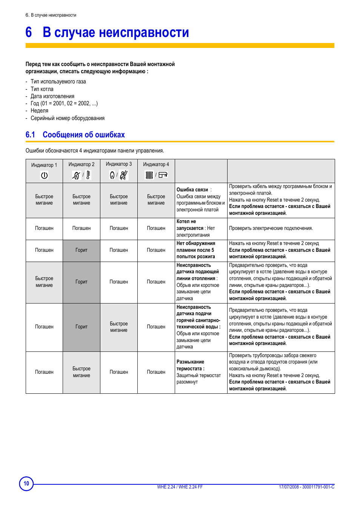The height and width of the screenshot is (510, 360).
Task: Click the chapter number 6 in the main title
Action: click(x=29, y=32)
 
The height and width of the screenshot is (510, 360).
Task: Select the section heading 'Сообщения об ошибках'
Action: click(x=83, y=135)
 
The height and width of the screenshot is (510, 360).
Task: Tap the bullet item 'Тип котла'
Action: click(x=42, y=89)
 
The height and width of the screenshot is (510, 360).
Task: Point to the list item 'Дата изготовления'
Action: click(x=52, y=96)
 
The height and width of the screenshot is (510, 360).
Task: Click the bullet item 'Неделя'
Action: click(x=39, y=111)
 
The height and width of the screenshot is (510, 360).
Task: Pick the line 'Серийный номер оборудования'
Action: click(x=68, y=118)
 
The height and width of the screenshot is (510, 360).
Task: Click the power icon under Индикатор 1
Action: click(x=44, y=175)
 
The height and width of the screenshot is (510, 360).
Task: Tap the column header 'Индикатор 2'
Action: click(x=82, y=164)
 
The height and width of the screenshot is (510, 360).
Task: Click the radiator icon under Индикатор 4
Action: click(x=149, y=175)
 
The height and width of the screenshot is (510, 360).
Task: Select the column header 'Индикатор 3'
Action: click(x=119, y=164)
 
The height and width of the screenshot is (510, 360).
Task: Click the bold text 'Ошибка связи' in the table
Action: click(x=192, y=190)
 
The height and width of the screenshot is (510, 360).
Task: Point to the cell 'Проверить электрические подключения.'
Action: click(x=271, y=228)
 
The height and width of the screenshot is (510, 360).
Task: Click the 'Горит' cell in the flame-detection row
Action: click(x=82, y=250)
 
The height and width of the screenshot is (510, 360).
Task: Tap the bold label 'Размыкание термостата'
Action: click(x=191, y=365)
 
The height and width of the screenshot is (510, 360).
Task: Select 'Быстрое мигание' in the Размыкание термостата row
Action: click(x=82, y=372)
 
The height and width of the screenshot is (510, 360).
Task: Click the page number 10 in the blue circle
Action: click(x=26, y=484)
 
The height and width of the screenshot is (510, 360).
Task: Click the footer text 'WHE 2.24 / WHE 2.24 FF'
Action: click(x=180, y=487)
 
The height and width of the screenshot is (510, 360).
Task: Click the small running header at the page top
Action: click(x=51, y=15)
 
